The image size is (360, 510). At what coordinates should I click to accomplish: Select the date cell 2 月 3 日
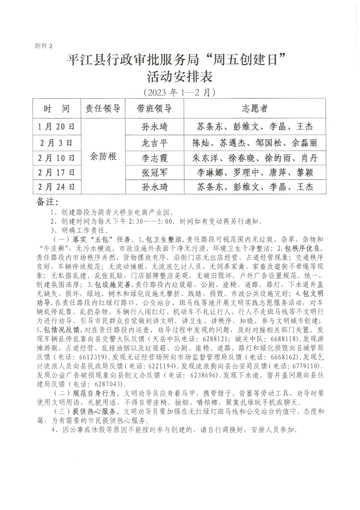57,142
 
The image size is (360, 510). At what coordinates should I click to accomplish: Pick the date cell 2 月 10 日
57,158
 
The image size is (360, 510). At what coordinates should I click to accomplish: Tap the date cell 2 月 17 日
57,173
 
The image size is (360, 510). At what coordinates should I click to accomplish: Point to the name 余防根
103,157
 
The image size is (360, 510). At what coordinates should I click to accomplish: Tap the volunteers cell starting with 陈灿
255,142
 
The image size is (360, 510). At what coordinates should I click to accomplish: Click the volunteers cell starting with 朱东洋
255,158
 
